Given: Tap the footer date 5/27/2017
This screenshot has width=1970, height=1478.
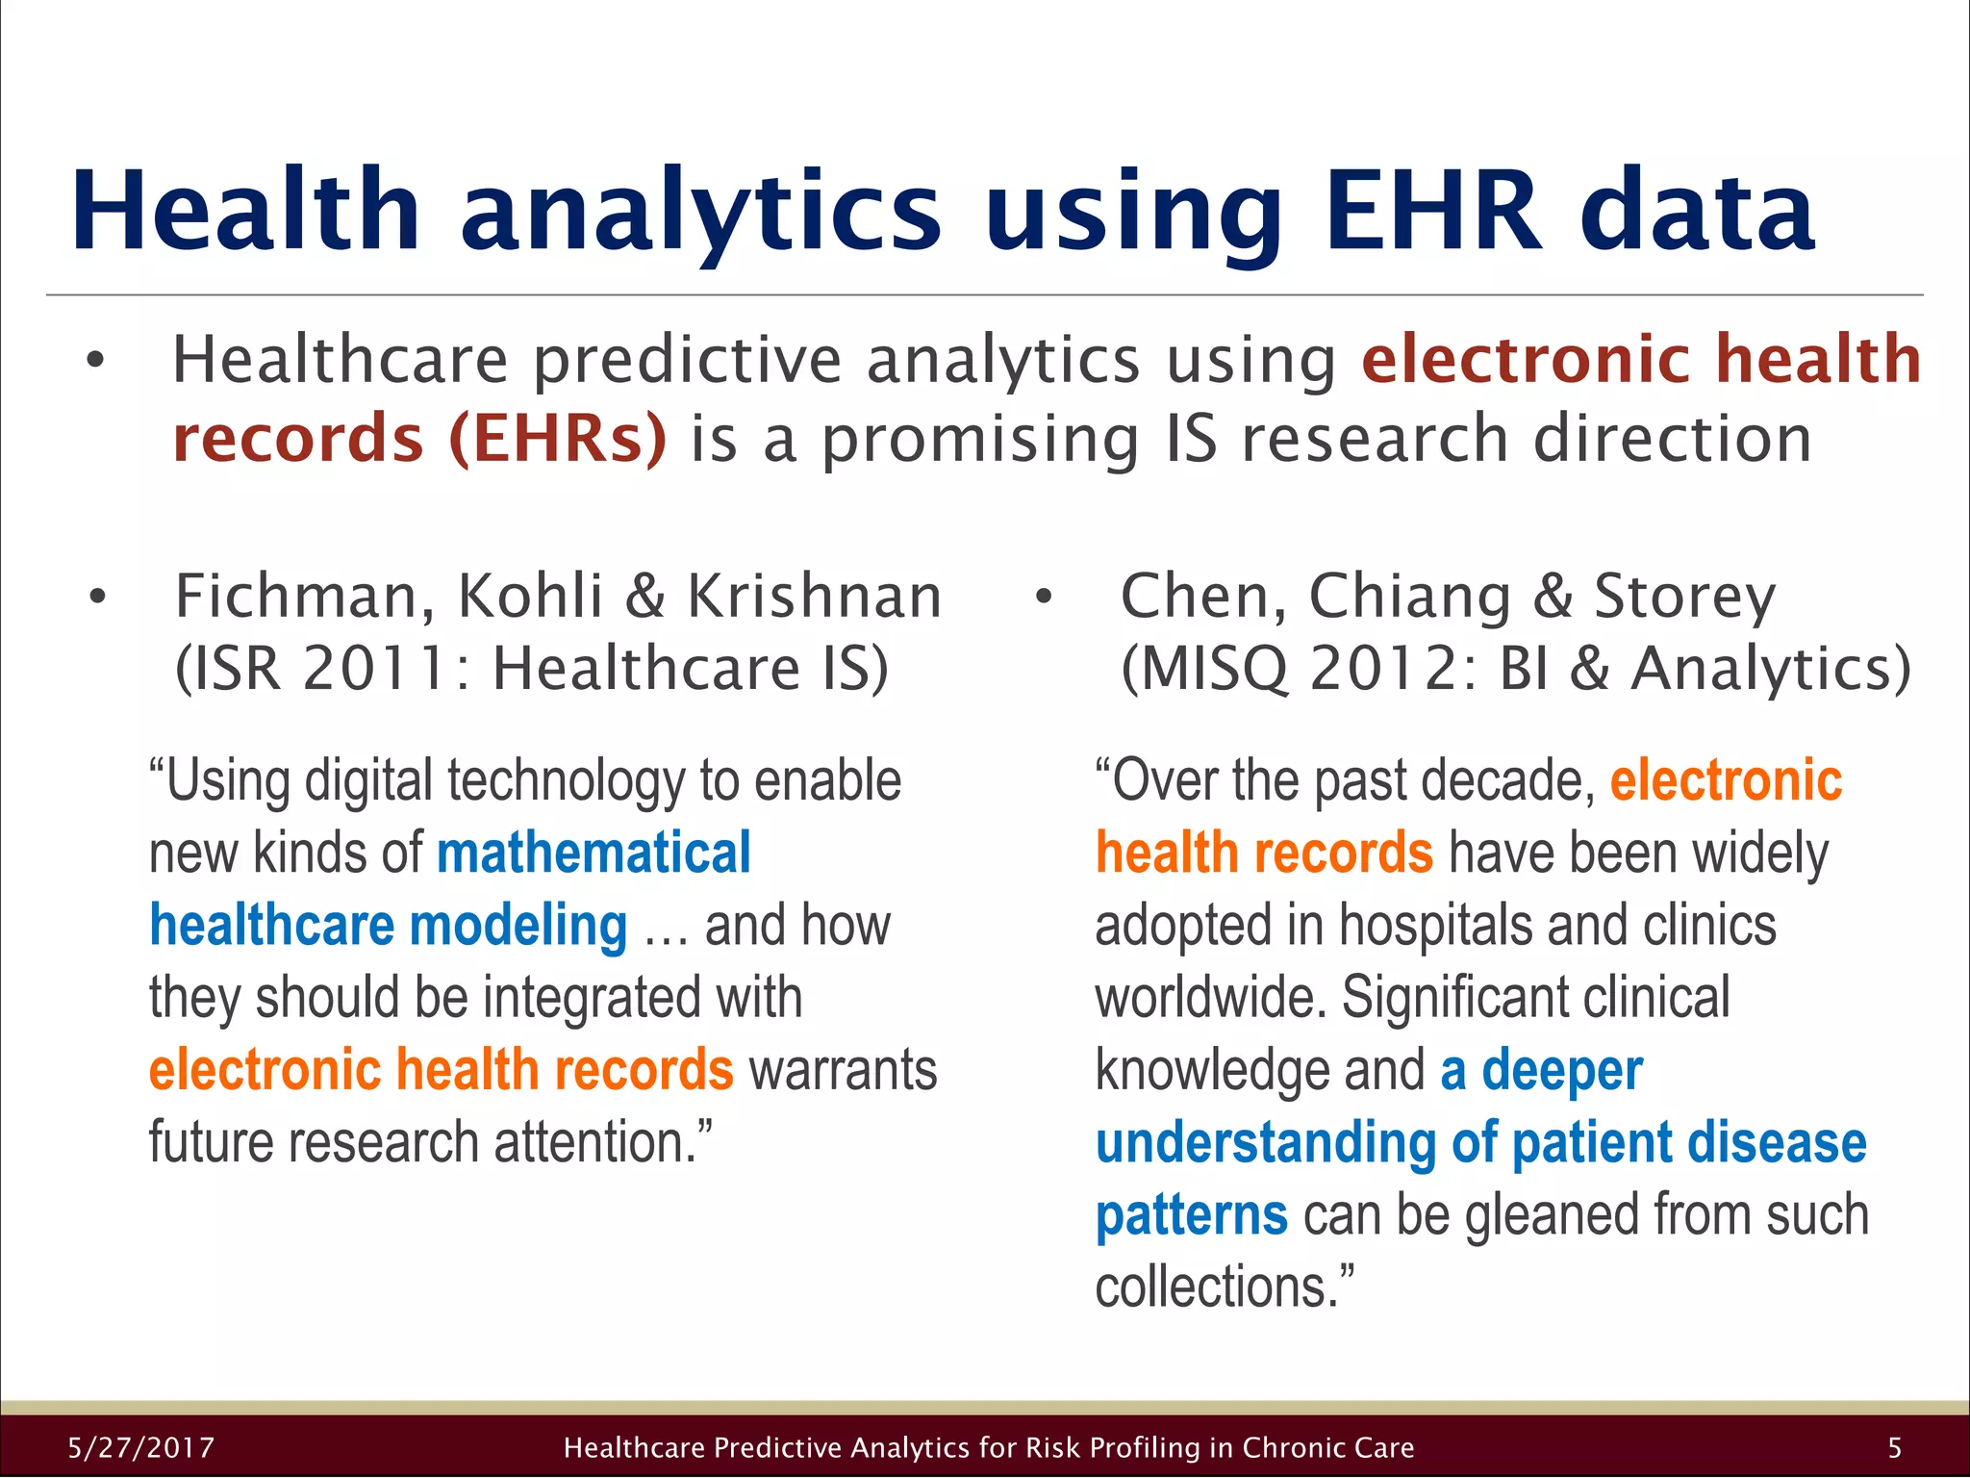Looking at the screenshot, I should [x=141, y=1447].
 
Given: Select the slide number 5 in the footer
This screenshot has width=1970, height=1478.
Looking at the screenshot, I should [x=1894, y=1447].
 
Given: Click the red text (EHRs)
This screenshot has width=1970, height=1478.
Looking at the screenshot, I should [x=558, y=439].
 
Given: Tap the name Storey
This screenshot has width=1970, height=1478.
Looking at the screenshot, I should [x=1683, y=597].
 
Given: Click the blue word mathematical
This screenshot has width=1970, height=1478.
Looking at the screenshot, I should [x=594, y=854].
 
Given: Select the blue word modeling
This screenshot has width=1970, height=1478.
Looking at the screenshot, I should [x=518, y=926].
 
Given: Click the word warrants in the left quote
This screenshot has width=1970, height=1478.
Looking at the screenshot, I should [x=843, y=1070].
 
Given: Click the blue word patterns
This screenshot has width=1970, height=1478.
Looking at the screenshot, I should [x=1191, y=1215].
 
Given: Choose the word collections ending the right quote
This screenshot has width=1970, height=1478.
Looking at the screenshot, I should [x=1216, y=1287].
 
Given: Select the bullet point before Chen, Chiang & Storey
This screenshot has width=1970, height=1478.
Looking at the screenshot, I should [x=1044, y=599].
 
